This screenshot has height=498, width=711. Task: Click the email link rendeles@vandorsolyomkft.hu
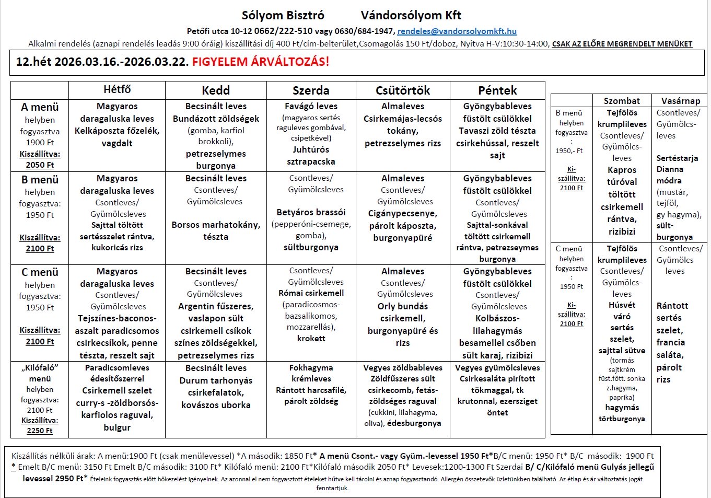pyautogui.click(x=457, y=31)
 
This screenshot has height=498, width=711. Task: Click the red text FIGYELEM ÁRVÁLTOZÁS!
pyautogui.click(x=261, y=62)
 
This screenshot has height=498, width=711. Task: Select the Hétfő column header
pyautogui.click(x=117, y=90)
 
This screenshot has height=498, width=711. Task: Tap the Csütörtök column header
pyautogui.click(x=403, y=90)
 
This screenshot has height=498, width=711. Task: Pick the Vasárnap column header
pyautogui.click(x=680, y=101)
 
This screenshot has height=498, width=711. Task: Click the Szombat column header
pyautogui.click(x=622, y=101)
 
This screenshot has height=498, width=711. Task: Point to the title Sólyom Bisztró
pyautogui.click(x=283, y=16)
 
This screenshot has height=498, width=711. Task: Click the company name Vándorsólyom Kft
pyautogui.click(x=411, y=16)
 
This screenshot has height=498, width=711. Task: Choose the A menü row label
pyautogui.click(x=40, y=107)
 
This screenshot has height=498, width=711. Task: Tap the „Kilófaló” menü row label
pyautogui.click(x=40, y=373)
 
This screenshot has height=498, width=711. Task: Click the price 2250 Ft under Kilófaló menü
pyautogui.click(x=40, y=431)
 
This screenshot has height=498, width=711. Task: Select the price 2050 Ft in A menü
pyautogui.click(x=40, y=165)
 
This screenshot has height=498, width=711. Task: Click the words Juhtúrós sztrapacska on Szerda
pyautogui.click(x=311, y=156)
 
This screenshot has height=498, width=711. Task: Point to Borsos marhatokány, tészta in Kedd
pyautogui.click(x=216, y=230)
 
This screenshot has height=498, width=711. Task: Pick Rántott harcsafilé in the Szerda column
pyautogui.click(x=311, y=390)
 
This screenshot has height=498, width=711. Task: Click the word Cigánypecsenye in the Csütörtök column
pyautogui.click(x=403, y=213)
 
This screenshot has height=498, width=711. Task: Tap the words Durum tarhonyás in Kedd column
pyautogui.click(x=216, y=380)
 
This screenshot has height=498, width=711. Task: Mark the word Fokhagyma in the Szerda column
pyautogui.click(x=311, y=368)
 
